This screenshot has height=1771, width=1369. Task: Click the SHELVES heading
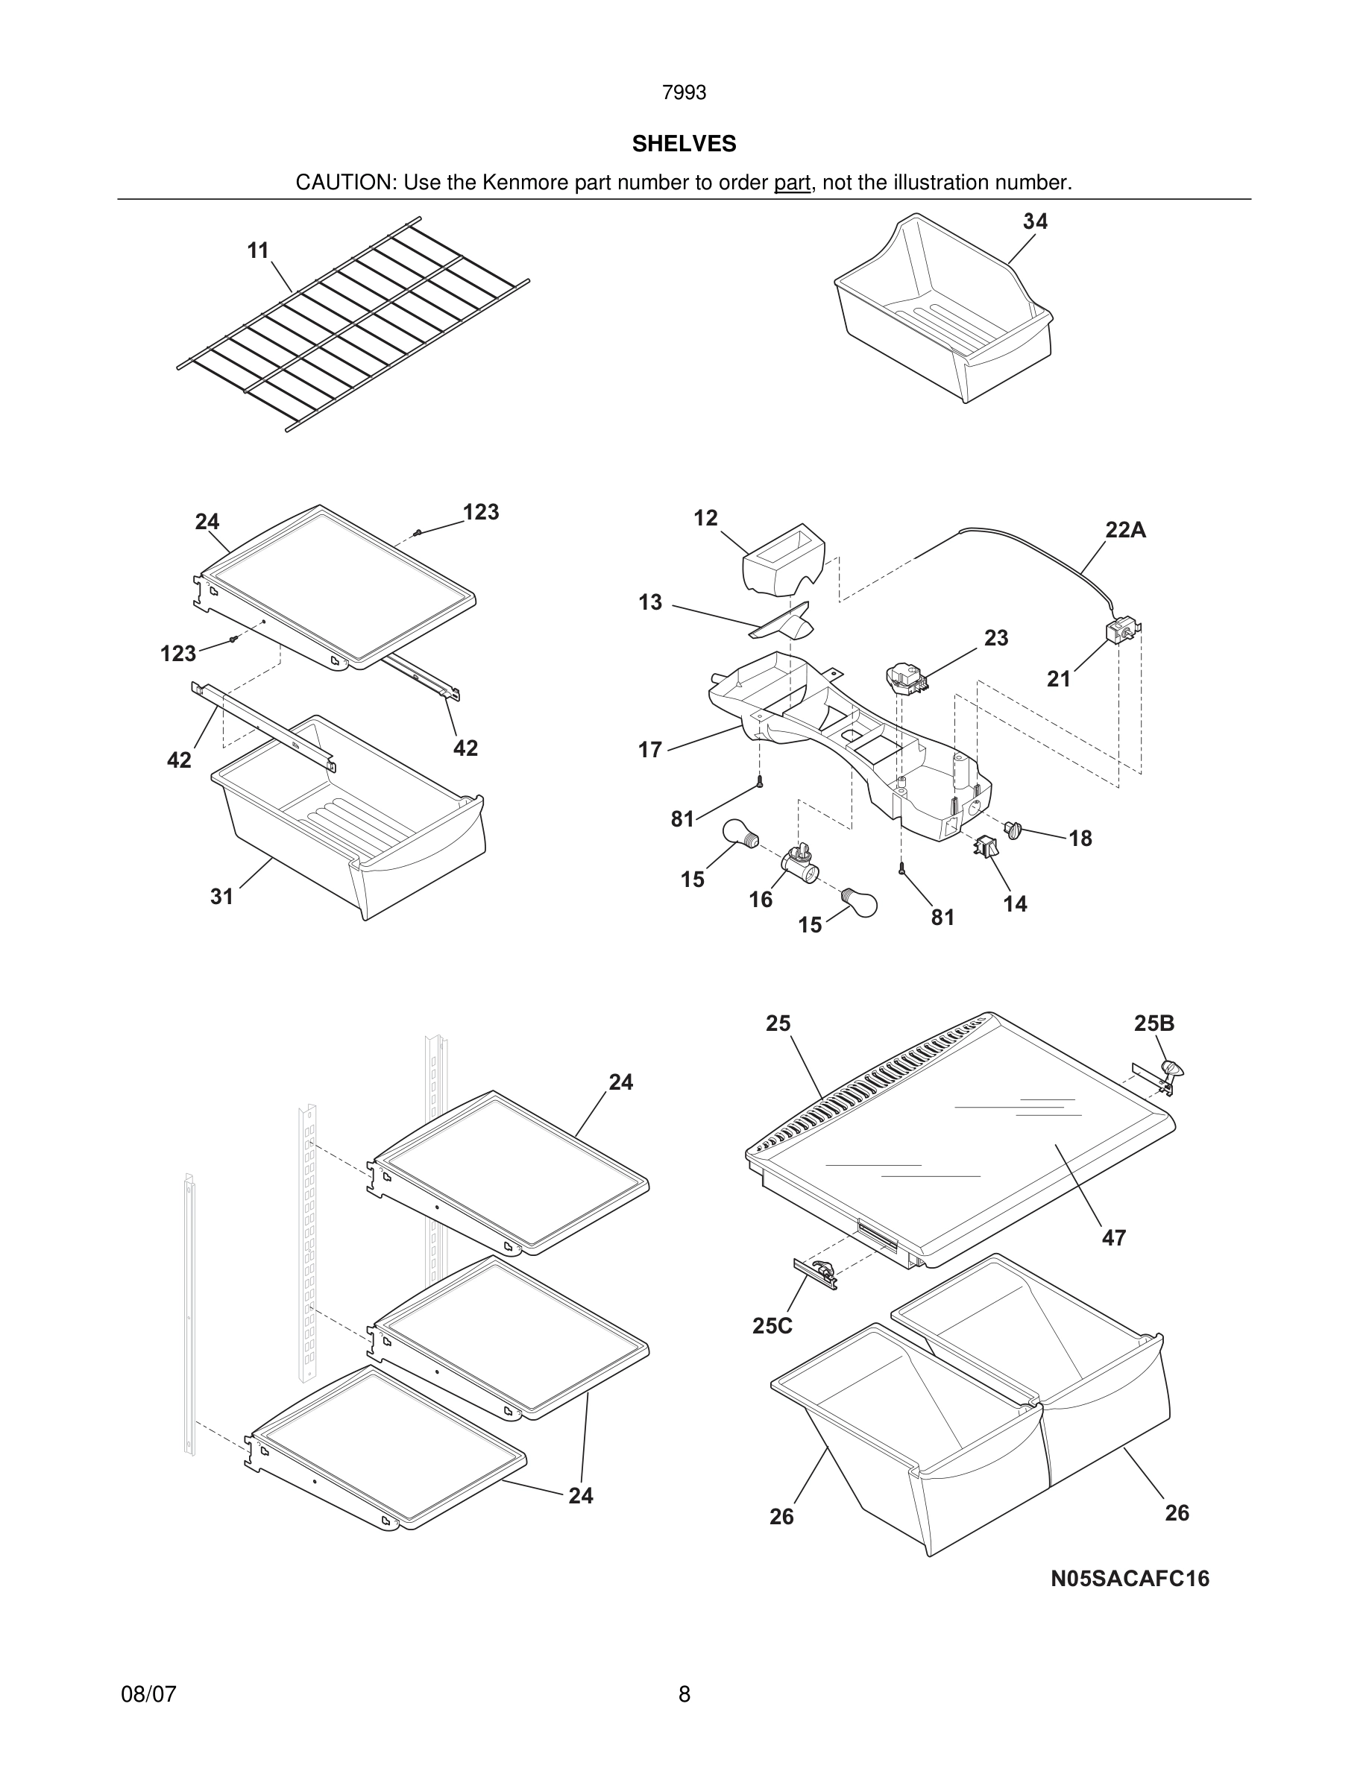(684, 144)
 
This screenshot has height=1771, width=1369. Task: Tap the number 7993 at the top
(684, 93)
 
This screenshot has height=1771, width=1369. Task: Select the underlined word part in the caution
(792, 183)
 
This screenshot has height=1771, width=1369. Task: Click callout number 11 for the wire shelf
(258, 250)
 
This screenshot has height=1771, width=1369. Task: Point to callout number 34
(1035, 221)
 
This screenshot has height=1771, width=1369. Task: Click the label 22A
(1126, 530)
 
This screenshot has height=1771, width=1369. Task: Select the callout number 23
(996, 638)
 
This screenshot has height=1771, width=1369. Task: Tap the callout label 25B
(1154, 1023)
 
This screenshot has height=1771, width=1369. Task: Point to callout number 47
(1113, 1237)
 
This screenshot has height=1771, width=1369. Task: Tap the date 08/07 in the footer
(148, 1694)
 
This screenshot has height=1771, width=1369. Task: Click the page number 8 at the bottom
(684, 1694)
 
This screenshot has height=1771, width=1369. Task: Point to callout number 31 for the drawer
(221, 896)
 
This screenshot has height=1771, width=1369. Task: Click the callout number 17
(649, 750)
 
